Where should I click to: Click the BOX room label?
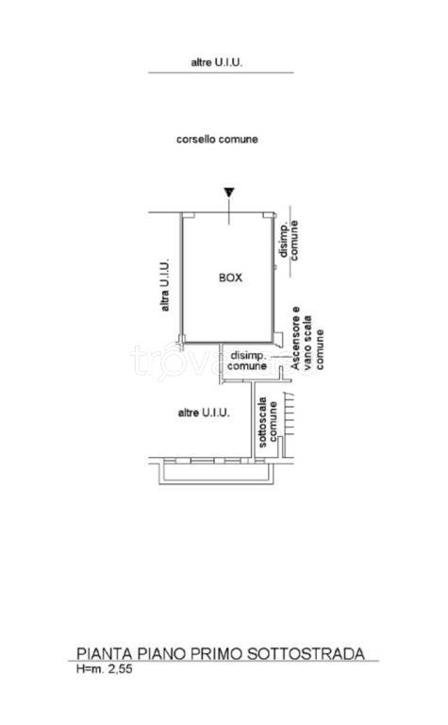[x=230, y=278]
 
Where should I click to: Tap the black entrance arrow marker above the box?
[x=229, y=193]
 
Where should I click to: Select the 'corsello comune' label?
[x=217, y=139]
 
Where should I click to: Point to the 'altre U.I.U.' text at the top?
[x=217, y=62]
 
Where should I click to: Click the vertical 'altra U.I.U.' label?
[x=164, y=284]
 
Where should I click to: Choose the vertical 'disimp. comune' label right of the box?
[x=289, y=241]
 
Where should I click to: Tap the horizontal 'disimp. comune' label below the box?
[x=248, y=361]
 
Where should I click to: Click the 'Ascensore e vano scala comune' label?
[x=307, y=339]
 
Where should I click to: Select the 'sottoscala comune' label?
[x=268, y=422]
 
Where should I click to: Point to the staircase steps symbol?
[x=289, y=414]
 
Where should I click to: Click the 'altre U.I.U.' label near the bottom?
[x=204, y=413]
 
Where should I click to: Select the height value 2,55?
[x=120, y=668]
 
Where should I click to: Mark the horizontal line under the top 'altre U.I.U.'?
[x=221, y=73]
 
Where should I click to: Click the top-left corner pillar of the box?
[x=188, y=215]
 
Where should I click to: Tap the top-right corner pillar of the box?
[x=268, y=215]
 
